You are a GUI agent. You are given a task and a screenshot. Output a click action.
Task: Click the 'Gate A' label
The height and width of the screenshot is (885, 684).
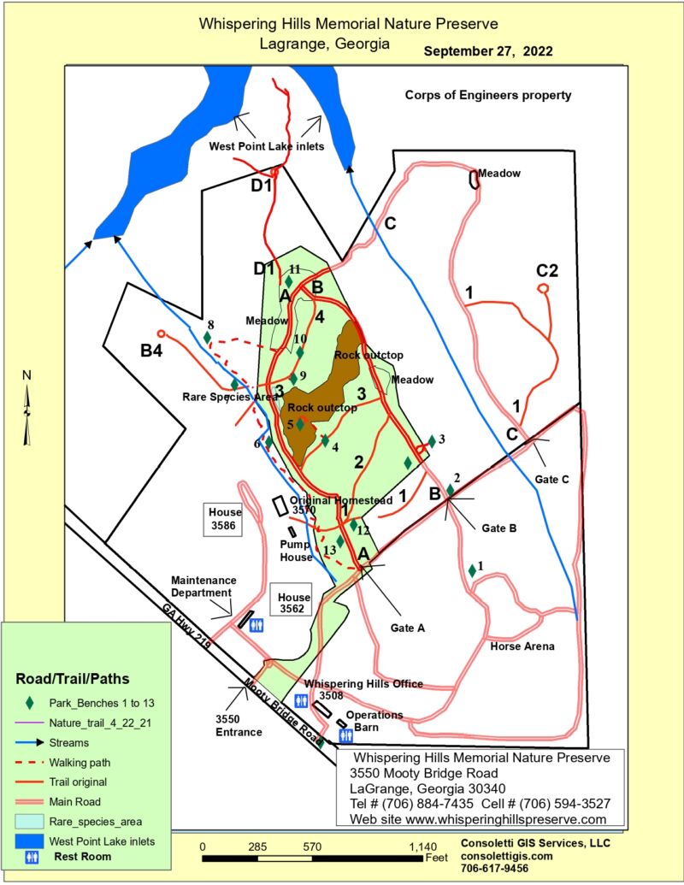tap(408, 628)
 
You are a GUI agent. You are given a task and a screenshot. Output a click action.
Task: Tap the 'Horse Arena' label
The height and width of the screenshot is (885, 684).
tap(522, 646)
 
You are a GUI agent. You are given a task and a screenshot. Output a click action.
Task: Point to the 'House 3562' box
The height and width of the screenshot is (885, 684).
tap(291, 603)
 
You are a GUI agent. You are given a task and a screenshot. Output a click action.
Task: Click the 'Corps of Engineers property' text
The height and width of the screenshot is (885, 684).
tap(488, 96)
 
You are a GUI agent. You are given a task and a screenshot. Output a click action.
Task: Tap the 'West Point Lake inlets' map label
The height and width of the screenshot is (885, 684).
tap(266, 147)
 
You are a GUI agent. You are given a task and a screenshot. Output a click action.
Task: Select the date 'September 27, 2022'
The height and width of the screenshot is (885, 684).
tap(488, 51)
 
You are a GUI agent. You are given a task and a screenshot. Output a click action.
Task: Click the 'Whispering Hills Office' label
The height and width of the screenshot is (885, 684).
tap(364, 684)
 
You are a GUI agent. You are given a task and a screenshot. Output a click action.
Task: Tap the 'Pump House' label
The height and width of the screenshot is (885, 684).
tap(297, 550)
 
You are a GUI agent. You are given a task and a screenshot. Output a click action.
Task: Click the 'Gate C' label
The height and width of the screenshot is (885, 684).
tap(551, 479)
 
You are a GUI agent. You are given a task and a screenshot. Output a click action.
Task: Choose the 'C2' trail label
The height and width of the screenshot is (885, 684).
tap(546, 272)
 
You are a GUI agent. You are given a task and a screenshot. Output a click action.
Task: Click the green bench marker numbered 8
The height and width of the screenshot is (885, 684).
tap(207, 338)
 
